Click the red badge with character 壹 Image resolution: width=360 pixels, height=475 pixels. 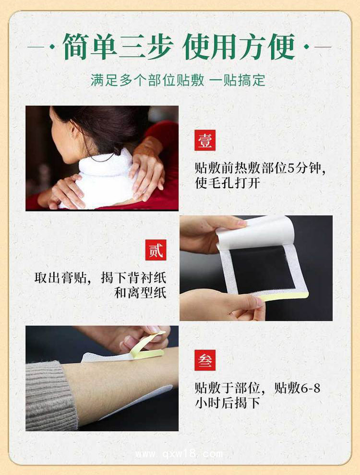(x=205, y=140)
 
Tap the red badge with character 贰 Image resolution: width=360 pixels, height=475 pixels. (x=156, y=250)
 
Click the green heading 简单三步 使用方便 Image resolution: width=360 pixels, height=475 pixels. (x=179, y=47)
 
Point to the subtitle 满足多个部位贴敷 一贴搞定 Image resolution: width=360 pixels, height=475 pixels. (x=178, y=80)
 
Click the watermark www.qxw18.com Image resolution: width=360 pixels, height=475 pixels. (x=179, y=454)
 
